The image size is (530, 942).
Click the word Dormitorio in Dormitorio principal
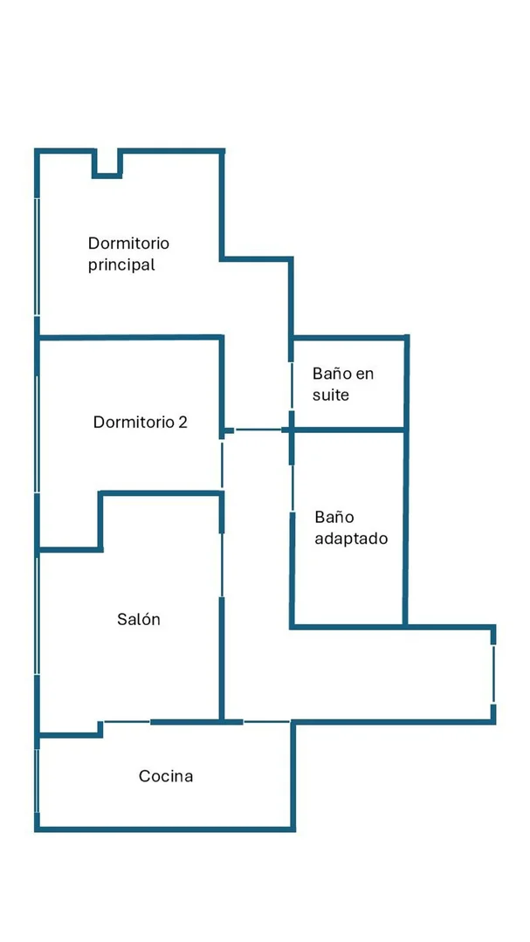click(128, 244)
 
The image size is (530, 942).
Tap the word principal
click(121, 265)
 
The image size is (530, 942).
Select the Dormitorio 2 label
click(140, 422)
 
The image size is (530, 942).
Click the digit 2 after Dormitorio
click(183, 423)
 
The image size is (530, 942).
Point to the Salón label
click(139, 619)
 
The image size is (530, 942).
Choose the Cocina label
click(166, 776)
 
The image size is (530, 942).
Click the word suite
click(331, 395)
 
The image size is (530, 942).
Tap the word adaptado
click(352, 539)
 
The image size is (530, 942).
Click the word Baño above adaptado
click(334, 517)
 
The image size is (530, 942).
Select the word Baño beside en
click(332, 374)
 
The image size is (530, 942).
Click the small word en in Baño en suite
click(365, 375)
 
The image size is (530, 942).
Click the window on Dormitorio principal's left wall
click(38, 257)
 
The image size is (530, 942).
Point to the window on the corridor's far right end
click(493, 674)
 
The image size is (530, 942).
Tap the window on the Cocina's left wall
click(38, 780)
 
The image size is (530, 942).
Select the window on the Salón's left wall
click(38, 614)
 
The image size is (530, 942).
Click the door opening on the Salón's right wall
click(222, 565)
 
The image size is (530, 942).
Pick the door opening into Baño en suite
click(292, 385)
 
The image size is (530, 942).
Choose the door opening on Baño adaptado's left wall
click(292, 487)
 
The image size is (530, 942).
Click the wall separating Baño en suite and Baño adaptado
click(348, 430)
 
